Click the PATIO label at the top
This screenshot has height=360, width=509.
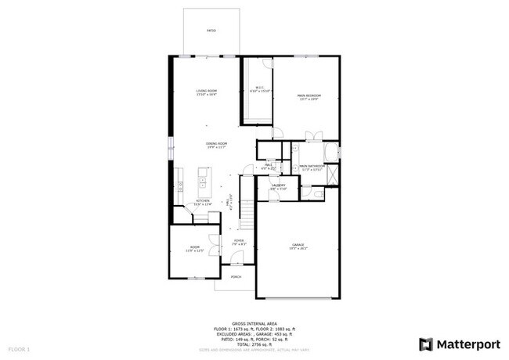pos(211,31)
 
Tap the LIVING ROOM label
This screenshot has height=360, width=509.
pos(207,92)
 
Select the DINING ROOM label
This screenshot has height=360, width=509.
pos(216,144)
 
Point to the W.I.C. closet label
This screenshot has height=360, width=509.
pos(259,88)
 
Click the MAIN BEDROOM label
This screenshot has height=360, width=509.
pos(309,96)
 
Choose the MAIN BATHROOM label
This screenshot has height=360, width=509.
pos(312,167)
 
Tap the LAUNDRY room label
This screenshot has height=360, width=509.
pos(279,186)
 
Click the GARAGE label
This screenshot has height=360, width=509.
pos(299,245)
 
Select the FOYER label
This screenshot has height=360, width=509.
pos(239,241)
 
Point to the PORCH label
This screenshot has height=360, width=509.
pos(236,276)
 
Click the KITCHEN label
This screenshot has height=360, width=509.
pos(203,201)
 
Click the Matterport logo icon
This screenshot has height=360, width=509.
pos(426,344)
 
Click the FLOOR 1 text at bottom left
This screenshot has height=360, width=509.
pos(19,348)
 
